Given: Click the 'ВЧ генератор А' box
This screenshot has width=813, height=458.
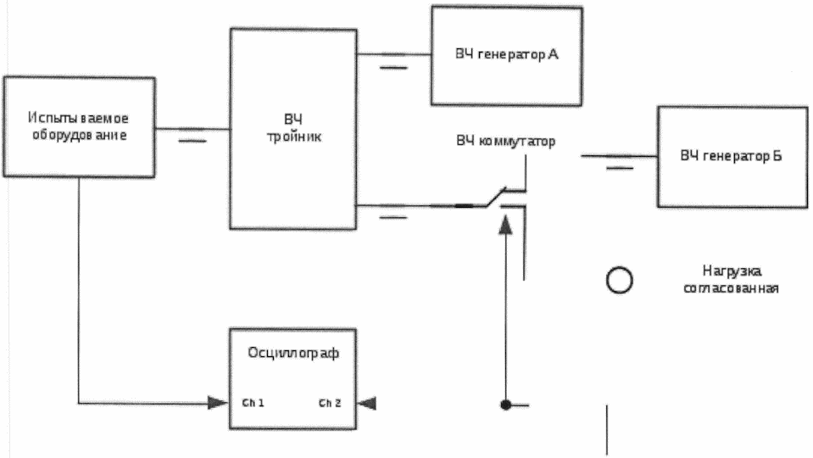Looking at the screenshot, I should click(x=506, y=55).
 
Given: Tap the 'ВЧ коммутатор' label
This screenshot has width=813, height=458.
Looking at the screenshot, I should click(x=505, y=141).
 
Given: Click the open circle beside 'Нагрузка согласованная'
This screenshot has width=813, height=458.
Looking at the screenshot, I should click(x=620, y=279).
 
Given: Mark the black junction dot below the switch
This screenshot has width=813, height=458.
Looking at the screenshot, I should click(x=505, y=405).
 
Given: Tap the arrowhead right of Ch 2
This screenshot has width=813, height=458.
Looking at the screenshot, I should click(x=367, y=402).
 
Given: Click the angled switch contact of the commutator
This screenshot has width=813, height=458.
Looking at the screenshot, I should click(x=495, y=197).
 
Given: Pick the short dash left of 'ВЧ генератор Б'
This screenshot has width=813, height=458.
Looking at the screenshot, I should click(x=620, y=168).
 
